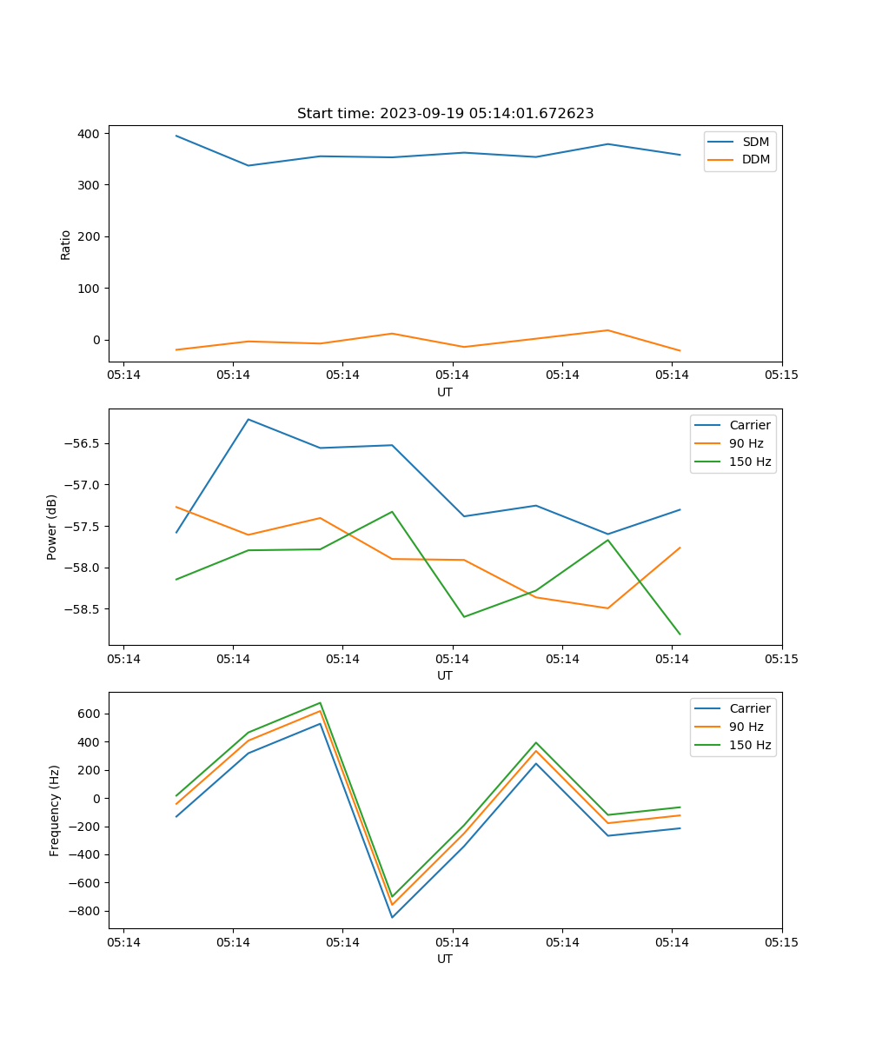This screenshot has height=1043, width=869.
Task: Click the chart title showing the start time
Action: pos(445,114)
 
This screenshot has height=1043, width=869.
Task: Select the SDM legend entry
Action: pos(755,142)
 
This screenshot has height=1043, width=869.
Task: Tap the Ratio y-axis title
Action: pos(66,244)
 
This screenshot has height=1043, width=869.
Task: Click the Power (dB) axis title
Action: pos(52,527)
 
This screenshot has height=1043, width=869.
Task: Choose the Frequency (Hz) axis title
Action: pos(55,810)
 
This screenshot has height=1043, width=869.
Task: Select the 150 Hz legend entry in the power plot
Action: pos(749,462)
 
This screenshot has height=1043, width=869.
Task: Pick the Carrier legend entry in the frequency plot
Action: pos(749,708)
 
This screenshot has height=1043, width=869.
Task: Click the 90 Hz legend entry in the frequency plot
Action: pos(746,727)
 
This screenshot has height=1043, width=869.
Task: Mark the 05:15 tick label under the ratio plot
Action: pos(781,375)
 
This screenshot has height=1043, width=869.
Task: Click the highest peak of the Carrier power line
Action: pos(249,419)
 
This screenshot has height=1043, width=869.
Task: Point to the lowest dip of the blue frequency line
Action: pos(392,917)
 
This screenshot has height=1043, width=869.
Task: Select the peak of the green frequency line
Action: pos(321,702)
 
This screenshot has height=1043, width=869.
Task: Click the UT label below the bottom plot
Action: pos(445,959)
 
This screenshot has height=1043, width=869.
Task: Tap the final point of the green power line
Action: pos(680,634)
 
